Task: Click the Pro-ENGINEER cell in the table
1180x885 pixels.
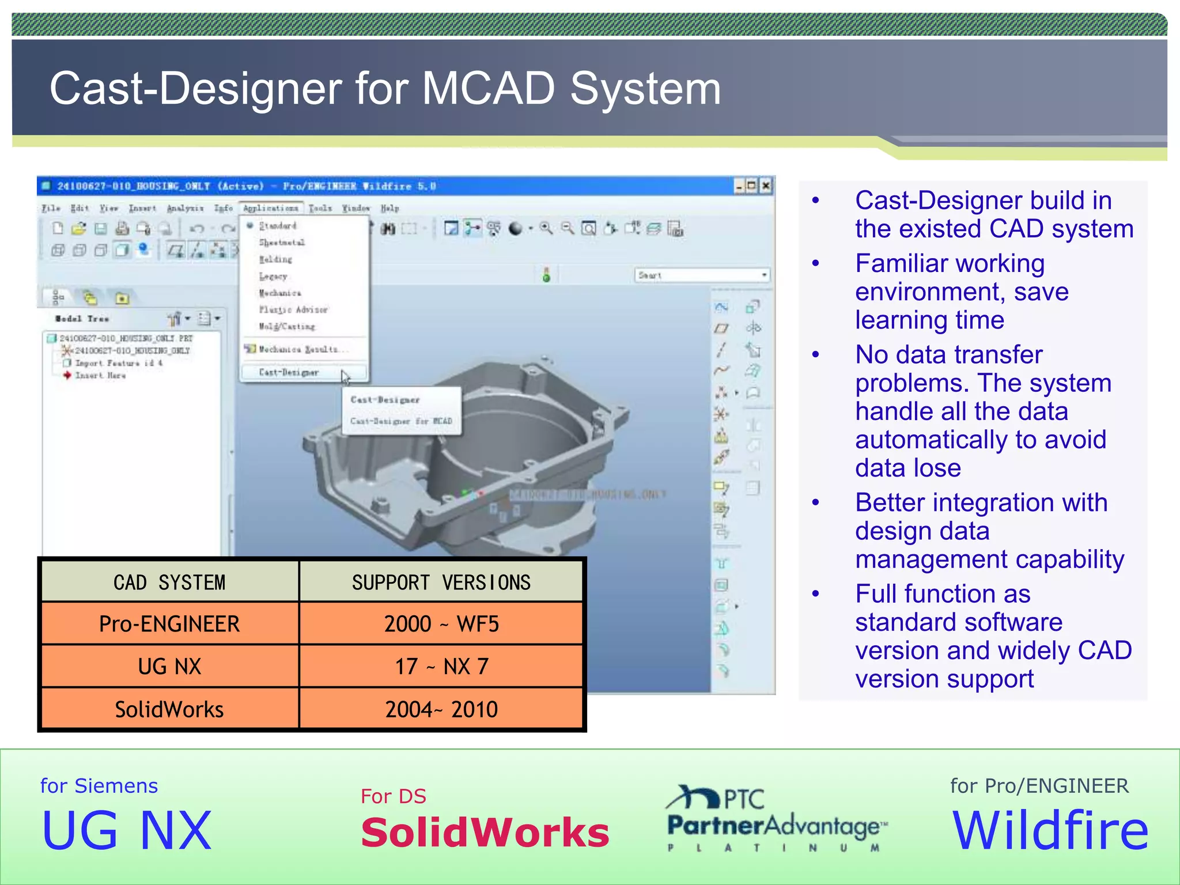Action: pyautogui.click(x=169, y=624)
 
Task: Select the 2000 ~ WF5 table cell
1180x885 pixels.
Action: pyautogui.click(x=441, y=624)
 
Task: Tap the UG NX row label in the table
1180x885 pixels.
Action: pyautogui.click(x=169, y=667)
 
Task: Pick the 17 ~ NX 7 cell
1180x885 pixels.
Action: pyautogui.click(x=441, y=667)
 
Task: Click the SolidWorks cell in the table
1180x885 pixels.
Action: pyautogui.click(x=169, y=709)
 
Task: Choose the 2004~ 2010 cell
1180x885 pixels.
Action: pyautogui.click(x=441, y=709)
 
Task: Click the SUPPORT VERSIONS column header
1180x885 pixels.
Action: pyautogui.click(x=441, y=583)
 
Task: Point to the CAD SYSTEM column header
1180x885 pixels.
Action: pyautogui.click(x=169, y=583)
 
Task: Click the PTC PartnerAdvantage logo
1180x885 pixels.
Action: pyautogui.click(x=776, y=818)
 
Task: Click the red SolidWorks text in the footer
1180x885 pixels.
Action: pyautogui.click(x=485, y=833)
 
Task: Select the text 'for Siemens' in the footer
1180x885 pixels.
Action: pyautogui.click(x=99, y=786)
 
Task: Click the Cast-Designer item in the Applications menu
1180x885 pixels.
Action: pyautogui.click(x=289, y=373)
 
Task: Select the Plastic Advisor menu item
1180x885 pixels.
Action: pyautogui.click(x=293, y=310)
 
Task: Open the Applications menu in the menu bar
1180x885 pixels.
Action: pyautogui.click(x=270, y=208)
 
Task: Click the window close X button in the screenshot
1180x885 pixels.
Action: pyautogui.click(x=766, y=186)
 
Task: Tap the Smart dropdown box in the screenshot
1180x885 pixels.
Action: pyautogui.click(x=702, y=275)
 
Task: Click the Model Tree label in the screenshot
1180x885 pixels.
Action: pyautogui.click(x=82, y=319)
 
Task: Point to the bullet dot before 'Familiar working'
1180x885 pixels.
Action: pyautogui.click(x=815, y=264)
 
